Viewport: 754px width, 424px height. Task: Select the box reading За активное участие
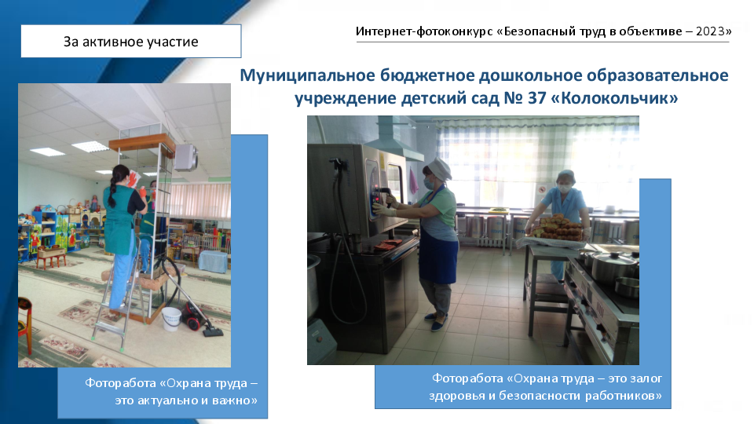131,42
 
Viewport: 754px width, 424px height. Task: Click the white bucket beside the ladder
170,319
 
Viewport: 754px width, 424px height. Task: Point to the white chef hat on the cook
439,167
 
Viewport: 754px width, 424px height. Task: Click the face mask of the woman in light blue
565,189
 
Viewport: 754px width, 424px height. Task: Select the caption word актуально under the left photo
166,400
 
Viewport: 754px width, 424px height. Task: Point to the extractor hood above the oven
393,140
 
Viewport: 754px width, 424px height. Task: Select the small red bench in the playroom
51,258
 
